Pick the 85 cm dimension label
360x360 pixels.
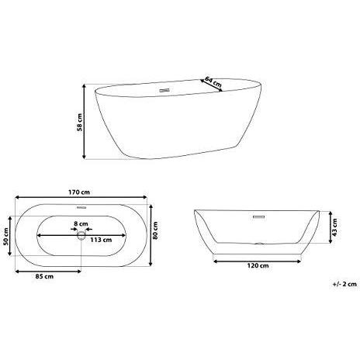[x=43, y=276]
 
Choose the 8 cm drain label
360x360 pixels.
[x=79, y=226]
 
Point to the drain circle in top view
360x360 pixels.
[x=80, y=239]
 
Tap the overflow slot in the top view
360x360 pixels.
[x=80, y=209]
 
